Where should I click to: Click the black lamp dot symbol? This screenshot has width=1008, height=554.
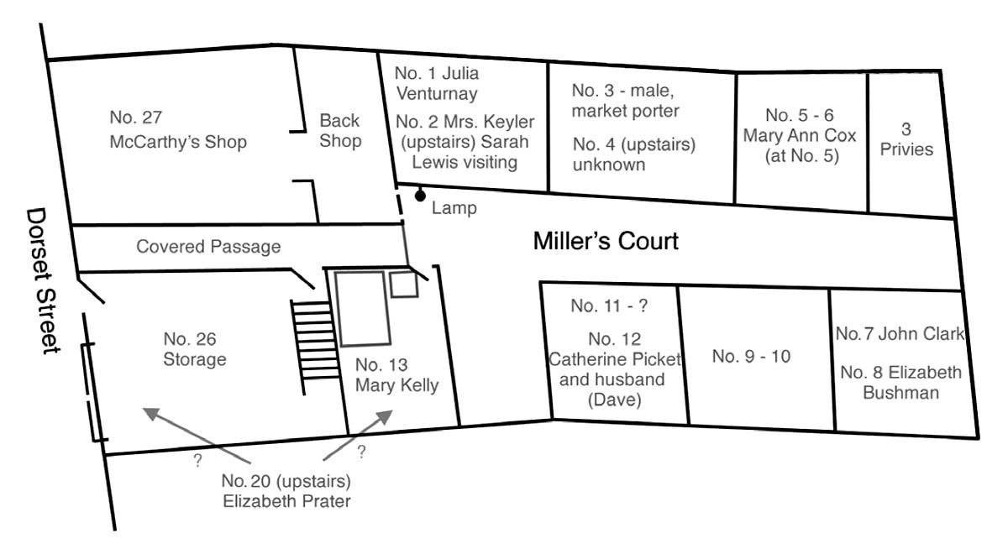[x=420, y=196]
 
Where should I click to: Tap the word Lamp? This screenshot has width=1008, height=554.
[x=454, y=208]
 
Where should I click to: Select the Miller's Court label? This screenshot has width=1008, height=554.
[x=606, y=242]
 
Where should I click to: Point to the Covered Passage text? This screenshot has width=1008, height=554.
[x=208, y=247]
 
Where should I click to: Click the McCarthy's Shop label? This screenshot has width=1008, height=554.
[x=178, y=141]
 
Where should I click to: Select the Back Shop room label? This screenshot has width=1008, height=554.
[x=340, y=131]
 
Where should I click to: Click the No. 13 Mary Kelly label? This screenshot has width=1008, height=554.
[x=396, y=375]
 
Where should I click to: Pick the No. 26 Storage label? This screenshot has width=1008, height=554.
[x=195, y=349]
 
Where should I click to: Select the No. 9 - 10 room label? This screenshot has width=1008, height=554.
[x=751, y=356]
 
